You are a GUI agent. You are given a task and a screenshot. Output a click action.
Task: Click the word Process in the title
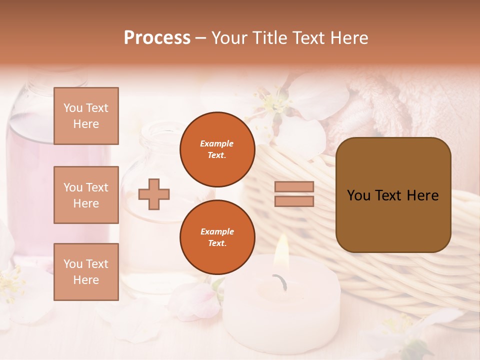(x=157, y=38)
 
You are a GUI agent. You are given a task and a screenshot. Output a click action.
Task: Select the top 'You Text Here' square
(x=86, y=116)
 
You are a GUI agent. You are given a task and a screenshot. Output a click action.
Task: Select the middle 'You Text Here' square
(x=86, y=195)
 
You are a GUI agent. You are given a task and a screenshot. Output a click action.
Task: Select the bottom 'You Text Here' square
(x=86, y=272)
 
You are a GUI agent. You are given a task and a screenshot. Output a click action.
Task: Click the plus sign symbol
(x=154, y=194)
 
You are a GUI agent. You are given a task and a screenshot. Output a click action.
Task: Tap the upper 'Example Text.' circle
(x=217, y=149)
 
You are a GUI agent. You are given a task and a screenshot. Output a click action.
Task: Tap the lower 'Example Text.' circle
(x=217, y=237)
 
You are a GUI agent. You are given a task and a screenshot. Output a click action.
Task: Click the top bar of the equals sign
(x=294, y=186)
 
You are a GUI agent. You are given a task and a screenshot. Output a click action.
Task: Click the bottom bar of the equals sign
(x=294, y=201)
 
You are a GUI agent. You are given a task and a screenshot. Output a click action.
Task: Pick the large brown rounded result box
(x=393, y=220)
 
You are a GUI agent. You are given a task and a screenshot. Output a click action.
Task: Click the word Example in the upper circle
(x=217, y=143)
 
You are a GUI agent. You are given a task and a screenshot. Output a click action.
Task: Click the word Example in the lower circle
(x=217, y=231)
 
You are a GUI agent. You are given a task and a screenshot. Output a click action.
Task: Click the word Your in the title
(x=230, y=38)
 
